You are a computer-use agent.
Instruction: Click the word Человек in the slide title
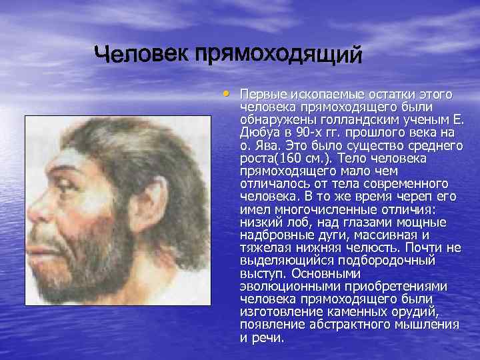click(140, 53)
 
